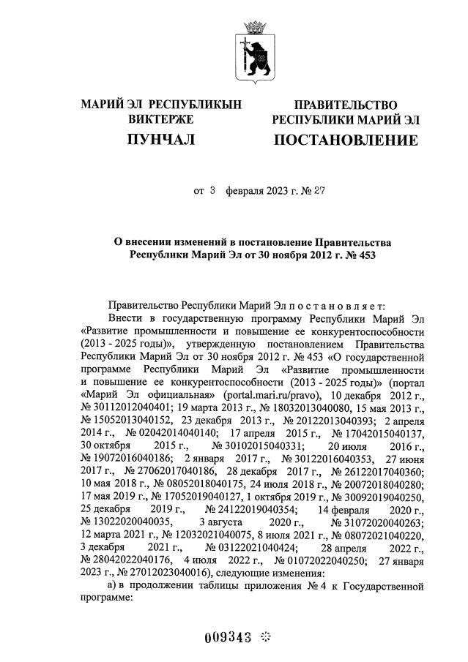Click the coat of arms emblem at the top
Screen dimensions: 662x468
254,51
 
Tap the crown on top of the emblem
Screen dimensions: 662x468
254,27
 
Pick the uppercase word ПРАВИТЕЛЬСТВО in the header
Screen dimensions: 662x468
346,105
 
